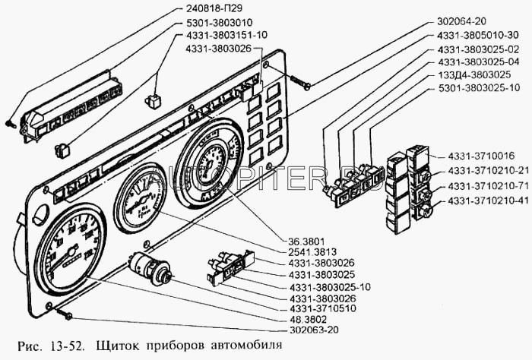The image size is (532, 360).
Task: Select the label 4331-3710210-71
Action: click(x=486, y=186)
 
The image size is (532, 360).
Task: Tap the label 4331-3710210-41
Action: click(x=486, y=201)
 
